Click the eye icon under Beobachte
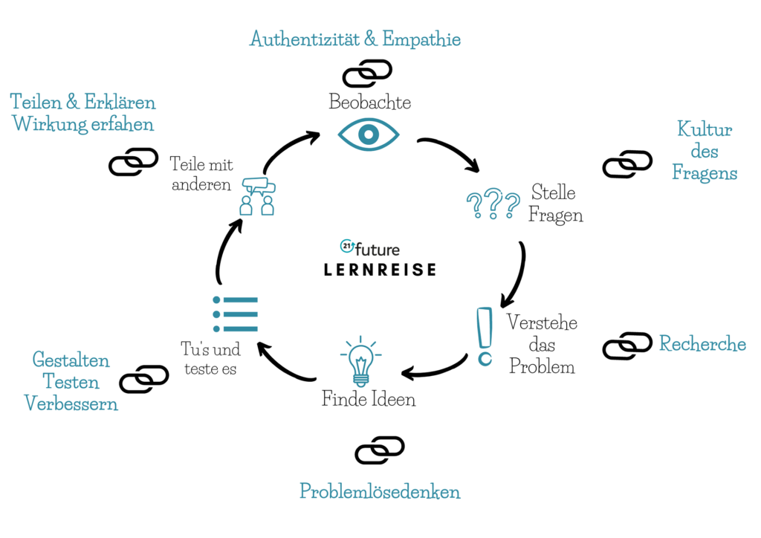click(369, 134)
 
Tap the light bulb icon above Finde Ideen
click(360, 361)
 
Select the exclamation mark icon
click(485, 337)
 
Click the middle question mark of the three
click(493, 206)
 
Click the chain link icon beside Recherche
click(627, 346)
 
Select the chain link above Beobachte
click(367, 73)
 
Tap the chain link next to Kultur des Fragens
click(627, 164)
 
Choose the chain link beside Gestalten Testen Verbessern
click(144, 379)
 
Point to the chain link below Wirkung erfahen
click(134, 162)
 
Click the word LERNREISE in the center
click(380, 270)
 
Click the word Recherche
click(702, 344)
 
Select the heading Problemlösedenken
click(380, 491)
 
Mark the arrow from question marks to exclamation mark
click(516, 275)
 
